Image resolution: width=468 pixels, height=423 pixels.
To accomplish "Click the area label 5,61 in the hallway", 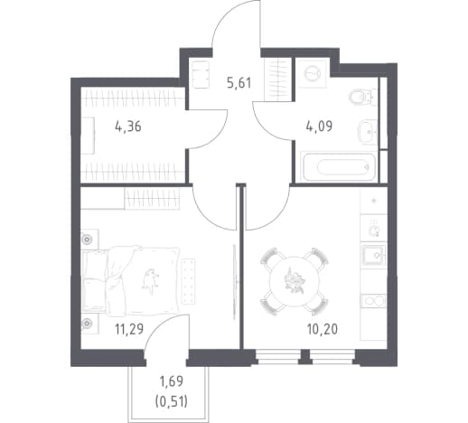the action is point(239,83).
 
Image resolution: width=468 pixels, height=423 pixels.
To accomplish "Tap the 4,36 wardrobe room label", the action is point(128,127).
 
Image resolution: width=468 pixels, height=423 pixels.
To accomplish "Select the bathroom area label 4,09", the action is point(319,126).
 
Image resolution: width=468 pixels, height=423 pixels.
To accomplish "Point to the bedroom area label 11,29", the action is point(129,329).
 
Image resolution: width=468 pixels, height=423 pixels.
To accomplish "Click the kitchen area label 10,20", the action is point(323,329).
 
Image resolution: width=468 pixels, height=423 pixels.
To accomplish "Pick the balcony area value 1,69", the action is point(172,381).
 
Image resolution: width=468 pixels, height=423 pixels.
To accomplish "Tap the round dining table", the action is point(295,282).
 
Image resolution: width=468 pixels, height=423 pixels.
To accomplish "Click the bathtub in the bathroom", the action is point(339,166).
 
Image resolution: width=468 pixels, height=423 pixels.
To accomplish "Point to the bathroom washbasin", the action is point(368,132).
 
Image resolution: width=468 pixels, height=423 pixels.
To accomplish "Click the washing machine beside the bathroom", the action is point(312,73).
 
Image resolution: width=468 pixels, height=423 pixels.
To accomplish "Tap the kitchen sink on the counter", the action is point(374,256).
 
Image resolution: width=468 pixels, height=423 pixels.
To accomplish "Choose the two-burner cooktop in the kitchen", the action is point(374,301).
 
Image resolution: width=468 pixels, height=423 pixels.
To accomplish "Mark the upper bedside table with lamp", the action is point(89,240).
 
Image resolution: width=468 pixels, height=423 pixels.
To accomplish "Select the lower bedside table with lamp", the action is point(89,323).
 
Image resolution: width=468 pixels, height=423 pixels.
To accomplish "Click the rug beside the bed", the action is point(188,281).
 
